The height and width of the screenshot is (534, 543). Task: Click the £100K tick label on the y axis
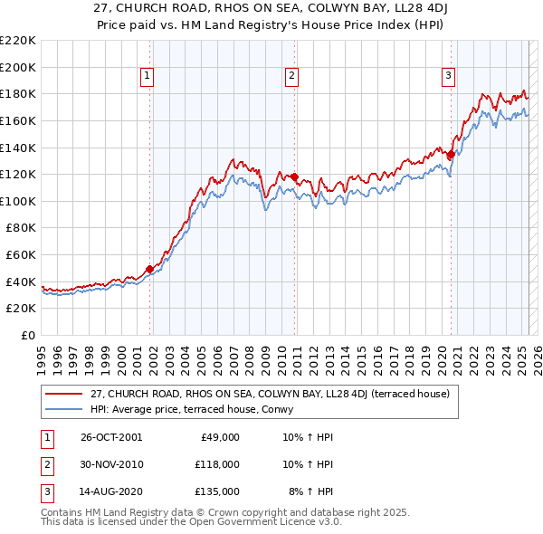pyautogui.click(x=18, y=201)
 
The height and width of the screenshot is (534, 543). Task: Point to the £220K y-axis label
pyautogui.click(x=18, y=40)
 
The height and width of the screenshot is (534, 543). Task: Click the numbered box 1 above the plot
pyautogui.click(x=148, y=77)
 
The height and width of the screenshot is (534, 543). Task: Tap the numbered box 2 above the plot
pyautogui.click(x=292, y=77)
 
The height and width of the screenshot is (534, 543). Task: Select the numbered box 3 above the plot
pyautogui.click(x=448, y=77)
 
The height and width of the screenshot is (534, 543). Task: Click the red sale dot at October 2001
pyautogui.click(x=149, y=269)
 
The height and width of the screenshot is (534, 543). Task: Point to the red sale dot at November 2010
pyautogui.click(x=295, y=176)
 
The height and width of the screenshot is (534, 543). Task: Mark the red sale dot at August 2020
pyautogui.click(x=451, y=154)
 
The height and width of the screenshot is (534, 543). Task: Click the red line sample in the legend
pyautogui.click(x=64, y=394)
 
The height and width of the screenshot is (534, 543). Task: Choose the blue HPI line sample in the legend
pyautogui.click(x=64, y=408)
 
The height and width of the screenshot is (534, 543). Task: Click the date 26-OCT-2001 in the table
pyautogui.click(x=111, y=437)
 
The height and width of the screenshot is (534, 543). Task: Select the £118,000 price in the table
pyautogui.click(x=216, y=463)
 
